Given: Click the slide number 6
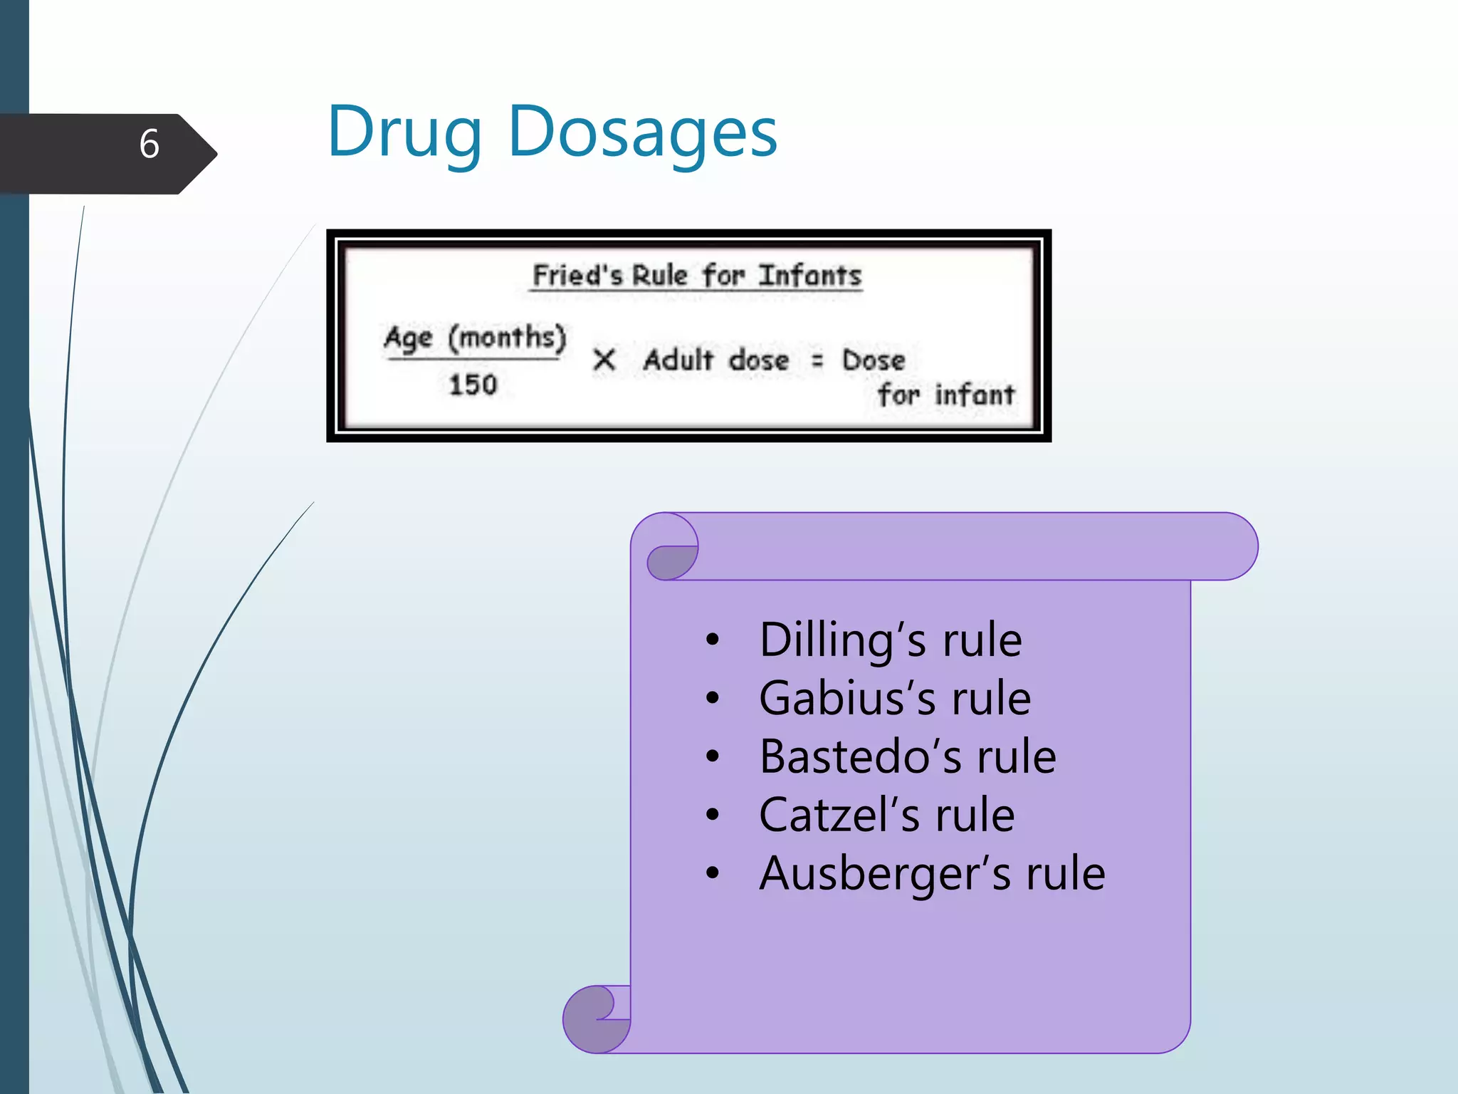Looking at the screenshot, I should [149, 144].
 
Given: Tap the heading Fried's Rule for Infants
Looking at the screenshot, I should [697, 276].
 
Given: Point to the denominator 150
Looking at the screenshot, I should [473, 385].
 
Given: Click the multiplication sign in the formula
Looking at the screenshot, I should [604, 360].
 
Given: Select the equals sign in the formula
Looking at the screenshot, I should [817, 361].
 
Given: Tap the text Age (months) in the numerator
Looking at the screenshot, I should [475, 337].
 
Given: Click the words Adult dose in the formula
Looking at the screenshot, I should [716, 360].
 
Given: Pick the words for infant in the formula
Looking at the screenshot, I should [946, 394].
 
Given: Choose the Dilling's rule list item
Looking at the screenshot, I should [891, 640].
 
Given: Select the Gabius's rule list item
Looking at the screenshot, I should [895, 698].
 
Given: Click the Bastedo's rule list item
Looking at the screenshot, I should [908, 756].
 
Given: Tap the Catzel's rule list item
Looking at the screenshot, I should [887, 815].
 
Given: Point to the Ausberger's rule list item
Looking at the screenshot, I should [932, 873].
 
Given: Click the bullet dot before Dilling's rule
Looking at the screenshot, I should [713, 640].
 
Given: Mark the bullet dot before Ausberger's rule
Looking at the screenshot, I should [713, 874].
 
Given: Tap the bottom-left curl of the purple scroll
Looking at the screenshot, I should [591, 1019].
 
